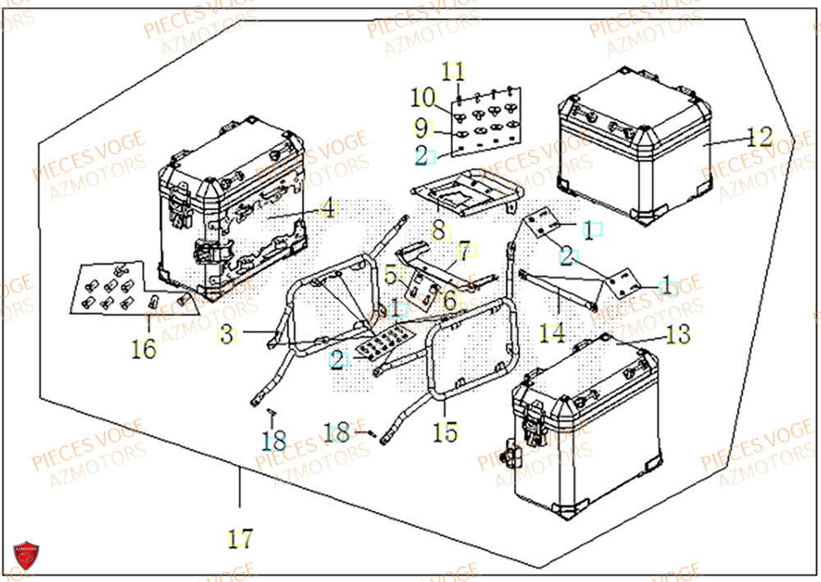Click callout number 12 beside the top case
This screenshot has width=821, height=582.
760,138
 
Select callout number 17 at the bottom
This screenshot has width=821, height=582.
240,539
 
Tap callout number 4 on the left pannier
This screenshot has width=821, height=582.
328,209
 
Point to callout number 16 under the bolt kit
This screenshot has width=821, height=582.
144,350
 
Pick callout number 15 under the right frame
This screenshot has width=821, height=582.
446,432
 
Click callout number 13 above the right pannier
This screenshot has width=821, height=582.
679,335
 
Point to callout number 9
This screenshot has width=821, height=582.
421,129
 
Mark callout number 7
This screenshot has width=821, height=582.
464,250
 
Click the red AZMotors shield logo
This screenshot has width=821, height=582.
28,557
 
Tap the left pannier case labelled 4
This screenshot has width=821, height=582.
234,213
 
